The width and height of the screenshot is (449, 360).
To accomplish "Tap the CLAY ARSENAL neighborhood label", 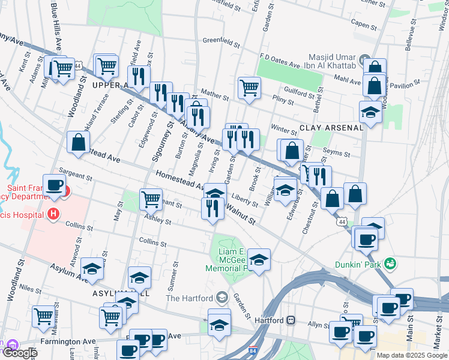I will click(x=331, y=128).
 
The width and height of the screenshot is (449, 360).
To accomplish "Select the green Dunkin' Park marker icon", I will click(x=391, y=263).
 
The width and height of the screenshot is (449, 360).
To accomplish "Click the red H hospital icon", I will click(x=55, y=213).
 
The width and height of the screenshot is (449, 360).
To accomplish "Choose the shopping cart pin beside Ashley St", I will click(x=150, y=199).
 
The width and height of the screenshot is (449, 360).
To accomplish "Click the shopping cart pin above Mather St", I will click(x=249, y=87).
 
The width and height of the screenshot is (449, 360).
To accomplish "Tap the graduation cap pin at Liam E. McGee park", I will click(x=259, y=259).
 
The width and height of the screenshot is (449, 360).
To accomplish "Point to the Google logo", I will click(x=19, y=353).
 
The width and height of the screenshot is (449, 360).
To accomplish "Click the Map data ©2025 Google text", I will click(x=411, y=355).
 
